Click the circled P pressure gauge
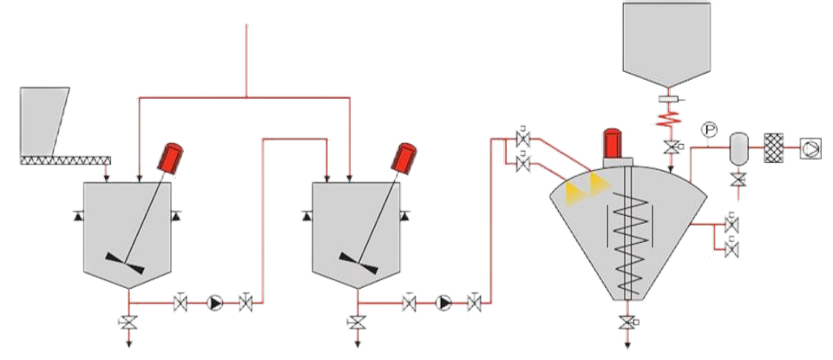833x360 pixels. (x=709, y=129)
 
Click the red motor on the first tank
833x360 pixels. (x=171, y=157)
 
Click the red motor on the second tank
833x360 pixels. (x=403, y=157)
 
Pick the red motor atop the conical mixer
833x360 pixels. (x=614, y=144)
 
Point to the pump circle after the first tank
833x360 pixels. (x=214, y=303)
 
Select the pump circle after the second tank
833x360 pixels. (x=444, y=303)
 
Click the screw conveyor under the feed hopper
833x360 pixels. (x=66, y=160)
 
